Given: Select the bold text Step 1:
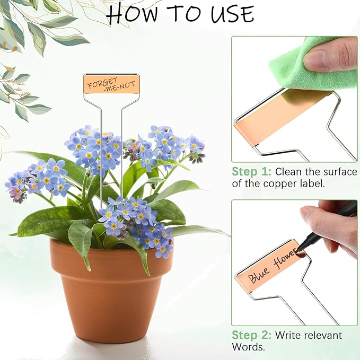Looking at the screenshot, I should (x=252, y=172).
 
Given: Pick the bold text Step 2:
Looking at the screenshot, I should (x=252, y=335).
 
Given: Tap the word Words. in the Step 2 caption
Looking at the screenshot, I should (x=248, y=347).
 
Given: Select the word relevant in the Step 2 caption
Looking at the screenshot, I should (x=323, y=335).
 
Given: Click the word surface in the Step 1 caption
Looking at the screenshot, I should (x=340, y=172).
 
